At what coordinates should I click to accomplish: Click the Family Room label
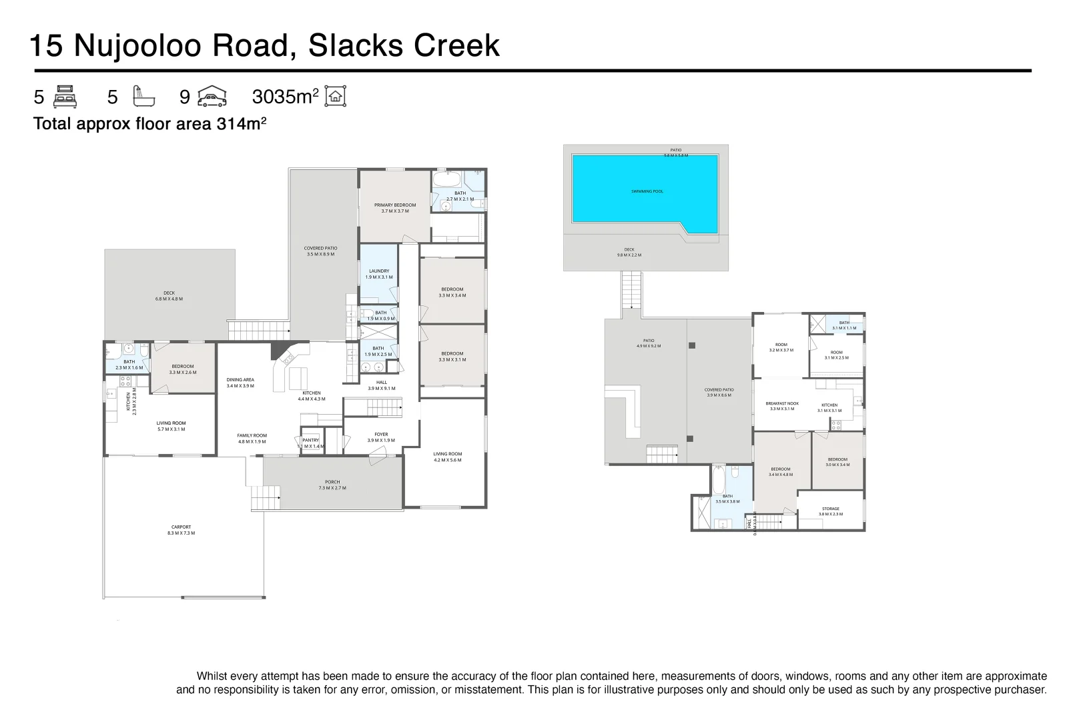click(252, 438)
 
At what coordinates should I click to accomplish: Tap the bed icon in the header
click(65, 97)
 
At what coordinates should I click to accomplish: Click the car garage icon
click(212, 97)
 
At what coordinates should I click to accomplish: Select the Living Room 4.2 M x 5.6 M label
click(447, 457)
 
